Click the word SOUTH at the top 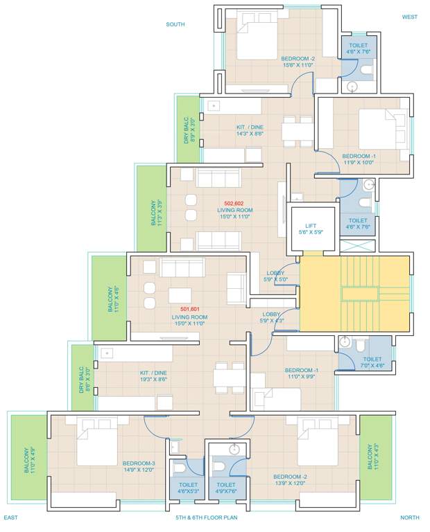(x=175, y=24)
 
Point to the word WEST (x=409, y=17)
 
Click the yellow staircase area (x=354, y=292)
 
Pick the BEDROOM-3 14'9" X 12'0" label (x=139, y=466)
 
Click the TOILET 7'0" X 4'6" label (x=372, y=363)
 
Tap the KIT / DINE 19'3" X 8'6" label (x=153, y=377)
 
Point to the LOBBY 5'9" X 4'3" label (x=271, y=317)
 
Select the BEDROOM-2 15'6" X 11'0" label (x=298, y=62)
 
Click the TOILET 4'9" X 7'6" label (x=226, y=488)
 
